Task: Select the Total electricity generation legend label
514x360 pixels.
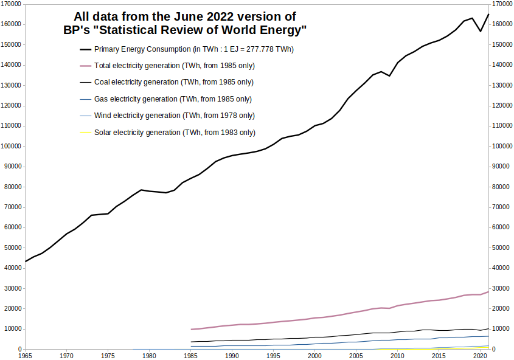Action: click(175, 65)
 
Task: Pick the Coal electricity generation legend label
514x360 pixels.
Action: click(174, 82)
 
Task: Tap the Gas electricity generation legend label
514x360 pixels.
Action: click(173, 99)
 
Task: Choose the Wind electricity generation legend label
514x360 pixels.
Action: click(174, 116)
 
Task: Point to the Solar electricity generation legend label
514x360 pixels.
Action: click(175, 132)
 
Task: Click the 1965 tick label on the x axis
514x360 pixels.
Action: click(25, 355)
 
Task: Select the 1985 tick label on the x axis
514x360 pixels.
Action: click(191, 355)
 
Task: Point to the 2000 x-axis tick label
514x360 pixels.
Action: click(315, 355)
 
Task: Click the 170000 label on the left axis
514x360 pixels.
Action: click(12, 4)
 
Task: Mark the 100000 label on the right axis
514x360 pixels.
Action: click(502, 147)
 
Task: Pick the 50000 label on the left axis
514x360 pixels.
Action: click(13, 248)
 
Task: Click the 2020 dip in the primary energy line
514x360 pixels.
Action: click(481, 31)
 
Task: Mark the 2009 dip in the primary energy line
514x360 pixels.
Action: click(389, 75)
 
